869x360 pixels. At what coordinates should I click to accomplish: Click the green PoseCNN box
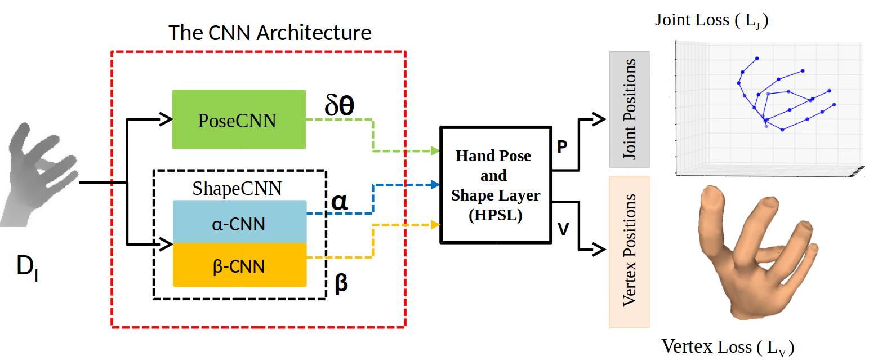(x=239, y=119)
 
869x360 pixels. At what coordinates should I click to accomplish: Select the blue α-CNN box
(x=240, y=222)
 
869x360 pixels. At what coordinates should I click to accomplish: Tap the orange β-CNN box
(x=240, y=265)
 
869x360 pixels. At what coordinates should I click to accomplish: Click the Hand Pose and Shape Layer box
(x=496, y=185)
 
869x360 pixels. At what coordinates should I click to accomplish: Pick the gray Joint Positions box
(x=629, y=109)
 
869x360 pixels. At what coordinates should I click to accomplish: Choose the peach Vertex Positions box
(x=629, y=252)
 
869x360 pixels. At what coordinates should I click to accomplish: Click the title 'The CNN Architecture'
(x=270, y=33)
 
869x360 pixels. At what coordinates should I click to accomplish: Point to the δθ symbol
(x=339, y=105)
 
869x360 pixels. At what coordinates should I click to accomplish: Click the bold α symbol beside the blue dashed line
(x=340, y=202)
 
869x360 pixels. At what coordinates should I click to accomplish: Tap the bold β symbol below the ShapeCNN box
(x=341, y=283)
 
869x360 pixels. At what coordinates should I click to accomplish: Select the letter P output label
(x=562, y=146)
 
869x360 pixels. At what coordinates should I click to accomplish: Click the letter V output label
(x=563, y=229)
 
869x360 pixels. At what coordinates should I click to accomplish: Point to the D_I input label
(x=27, y=266)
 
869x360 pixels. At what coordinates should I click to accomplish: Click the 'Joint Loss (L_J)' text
(x=711, y=20)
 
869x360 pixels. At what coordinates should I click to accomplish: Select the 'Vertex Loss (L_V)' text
(x=728, y=347)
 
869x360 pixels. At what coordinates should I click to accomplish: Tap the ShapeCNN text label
(x=237, y=189)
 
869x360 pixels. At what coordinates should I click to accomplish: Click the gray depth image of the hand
(x=39, y=175)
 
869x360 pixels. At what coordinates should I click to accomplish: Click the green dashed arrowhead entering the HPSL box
(x=435, y=151)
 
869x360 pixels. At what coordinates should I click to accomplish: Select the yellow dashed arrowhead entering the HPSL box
(x=435, y=225)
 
